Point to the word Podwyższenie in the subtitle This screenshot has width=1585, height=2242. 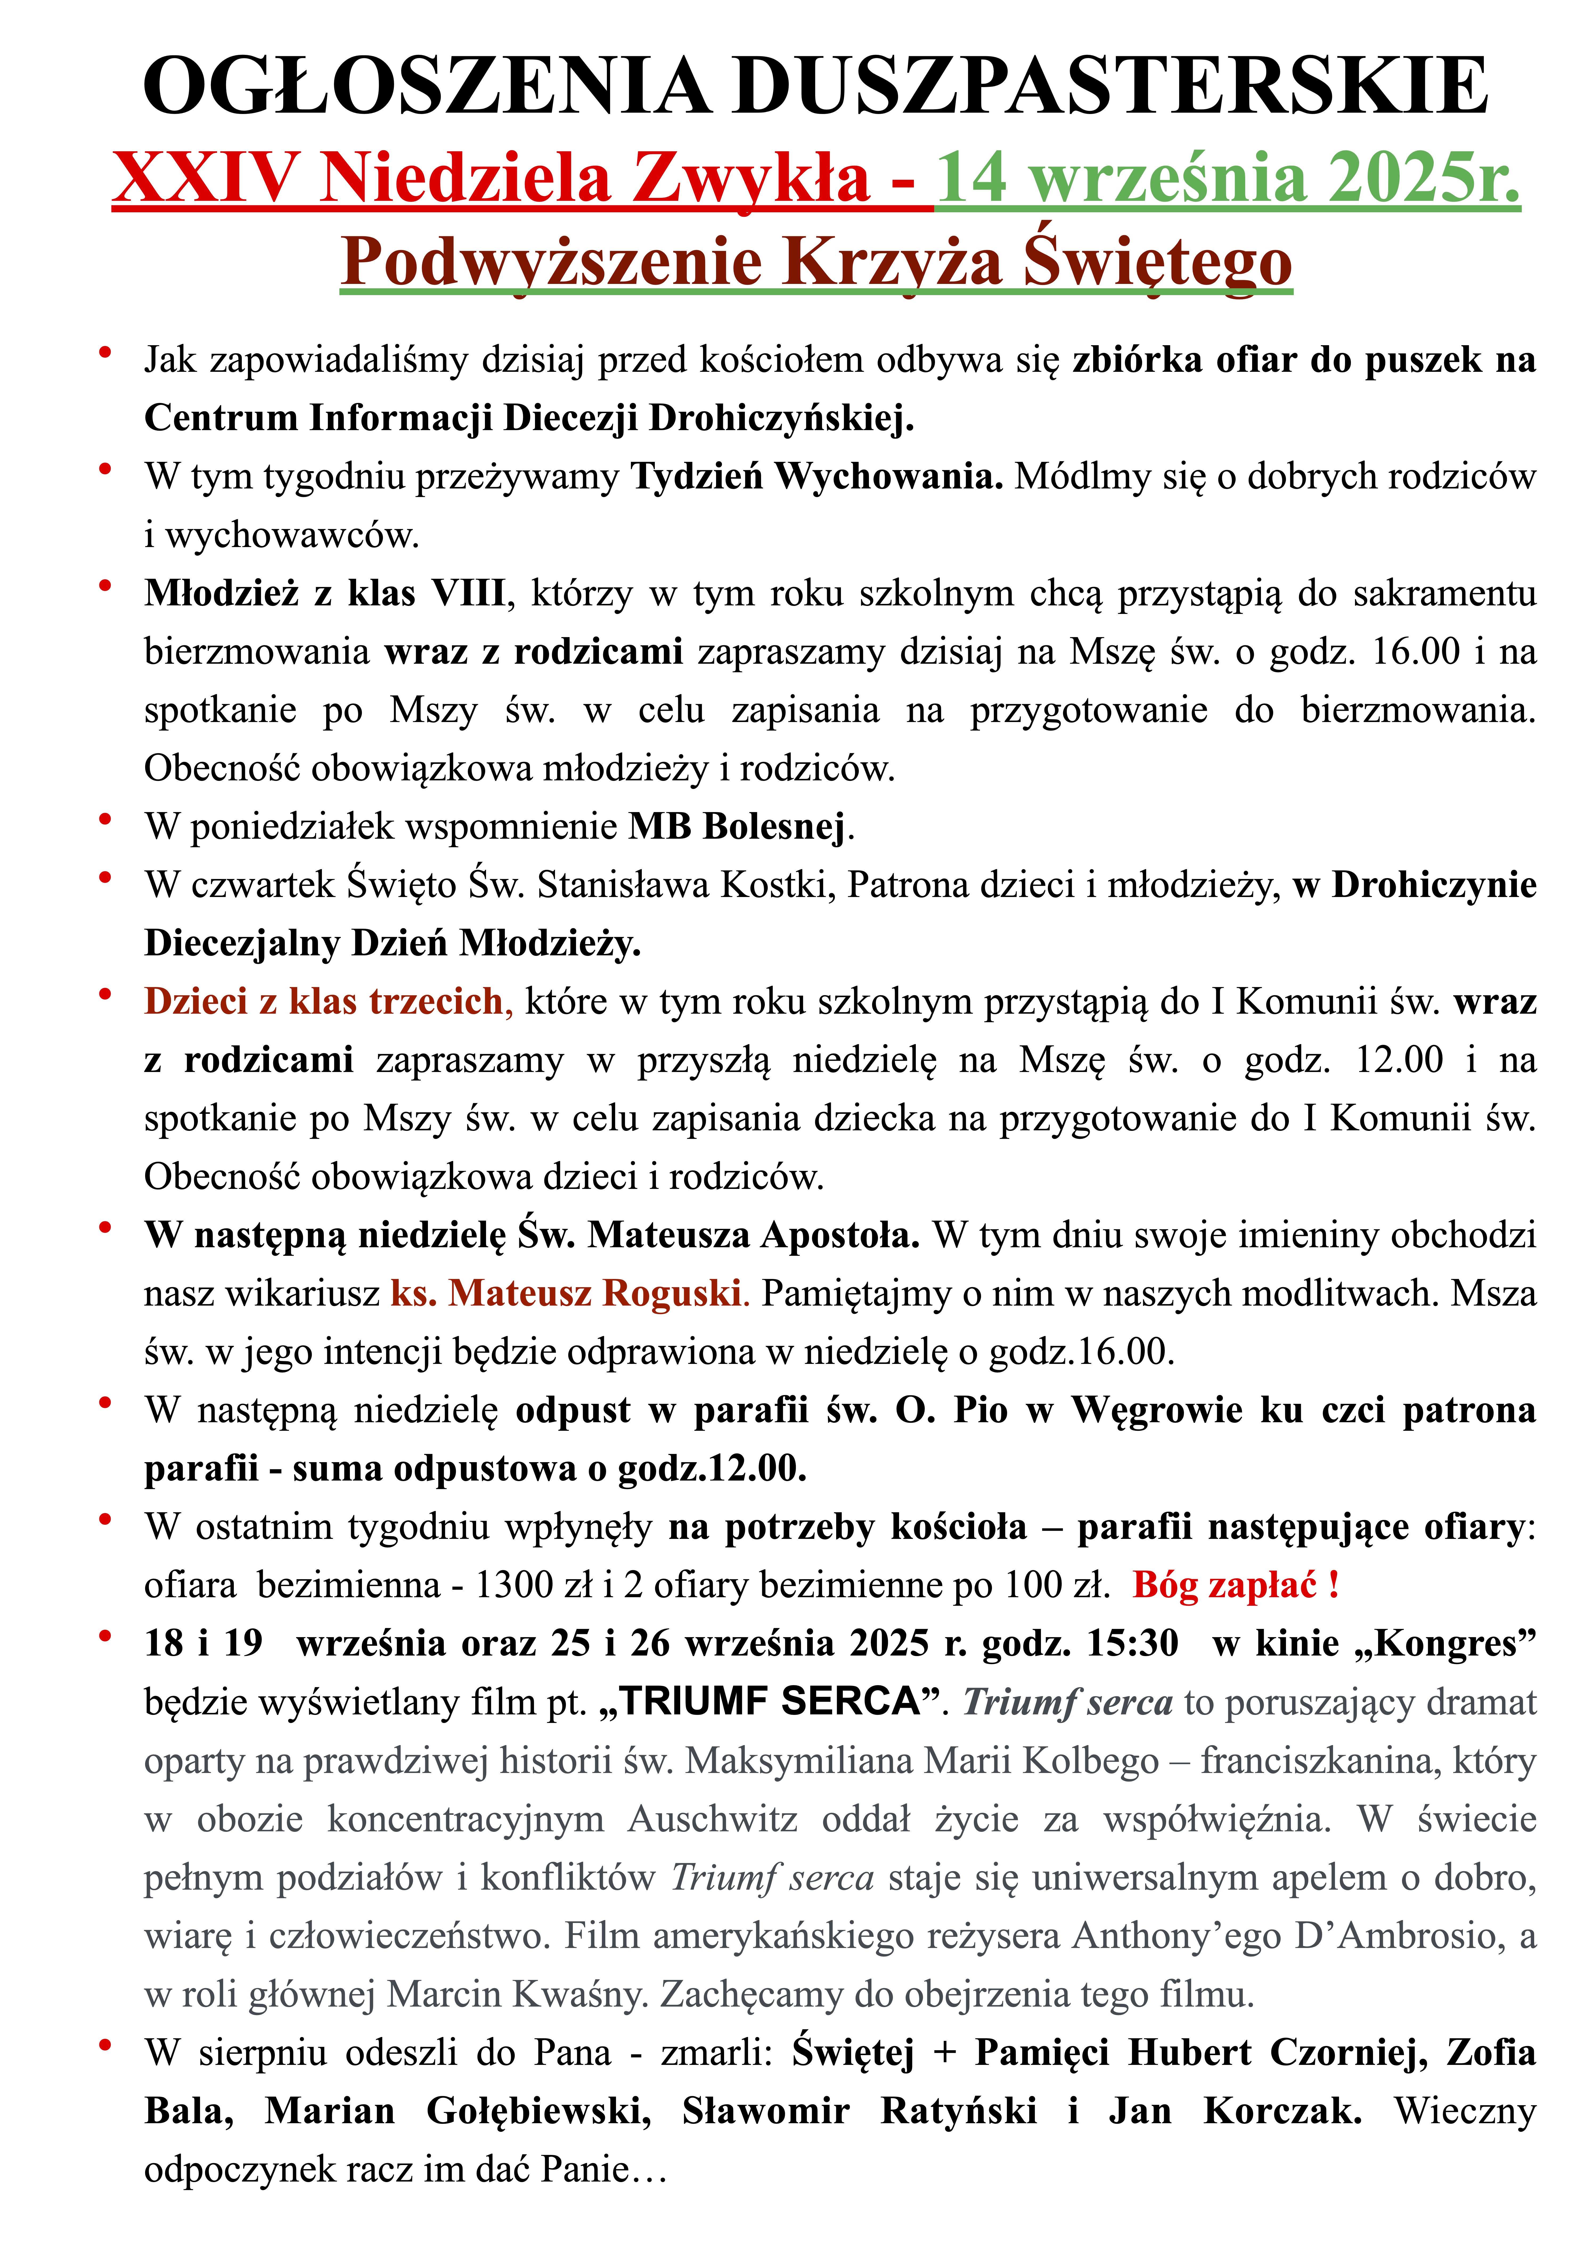click(x=552, y=262)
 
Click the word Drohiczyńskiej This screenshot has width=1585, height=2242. click(x=781, y=418)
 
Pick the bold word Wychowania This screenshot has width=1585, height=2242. click(x=889, y=476)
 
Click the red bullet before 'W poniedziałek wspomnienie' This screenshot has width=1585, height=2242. click(x=104, y=818)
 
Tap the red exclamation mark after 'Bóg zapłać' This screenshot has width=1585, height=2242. click(x=1333, y=1585)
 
